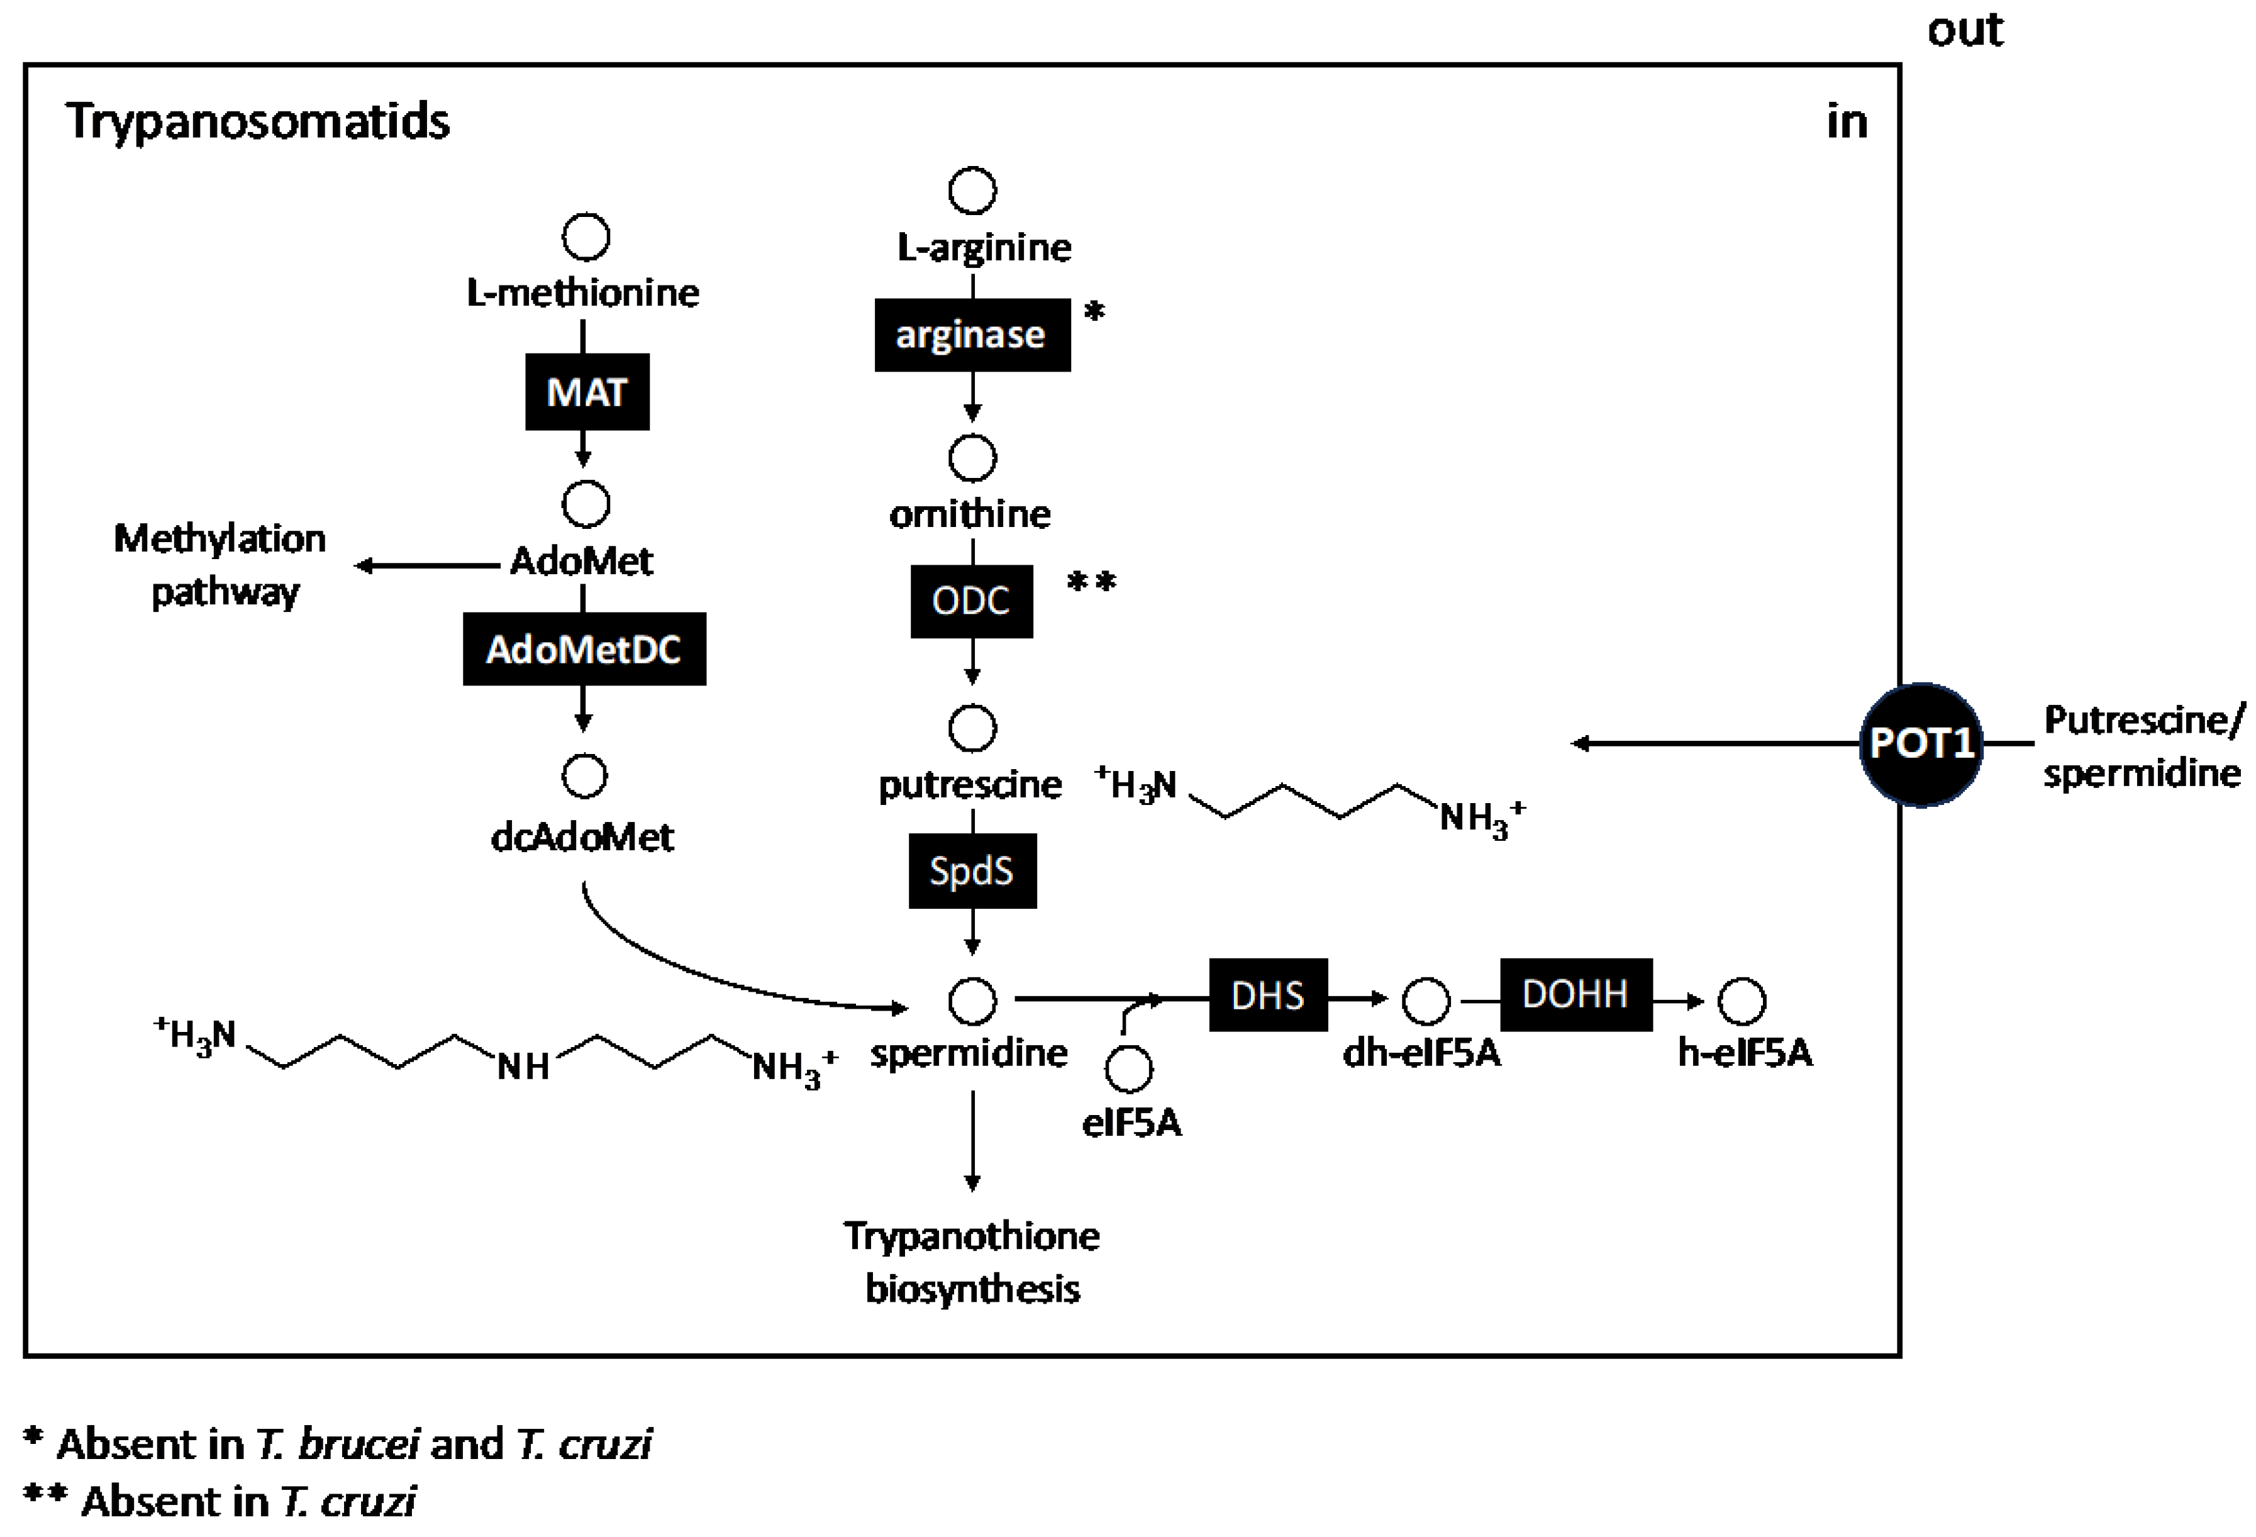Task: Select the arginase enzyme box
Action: coord(972,335)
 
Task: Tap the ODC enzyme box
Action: coord(970,601)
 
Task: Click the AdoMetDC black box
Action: coord(584,648)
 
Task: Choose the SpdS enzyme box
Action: coord(972,871)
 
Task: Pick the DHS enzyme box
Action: coord(1268,996)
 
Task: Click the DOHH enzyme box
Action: coord(1575,994)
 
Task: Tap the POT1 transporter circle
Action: coord(1920,744)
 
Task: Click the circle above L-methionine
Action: coord(586,237)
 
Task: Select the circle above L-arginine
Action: coord(972,191)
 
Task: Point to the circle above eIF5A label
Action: coord(1129,1069)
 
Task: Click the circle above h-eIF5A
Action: coord(1742,1001)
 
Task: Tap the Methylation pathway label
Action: coord(220,564)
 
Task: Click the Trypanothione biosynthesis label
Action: coord(972,1262)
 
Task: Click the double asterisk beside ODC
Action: coord(1091,582)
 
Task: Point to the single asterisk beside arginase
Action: coord(1094,313)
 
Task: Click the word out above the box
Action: coord(1965,31)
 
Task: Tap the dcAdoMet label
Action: coord(582,836)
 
